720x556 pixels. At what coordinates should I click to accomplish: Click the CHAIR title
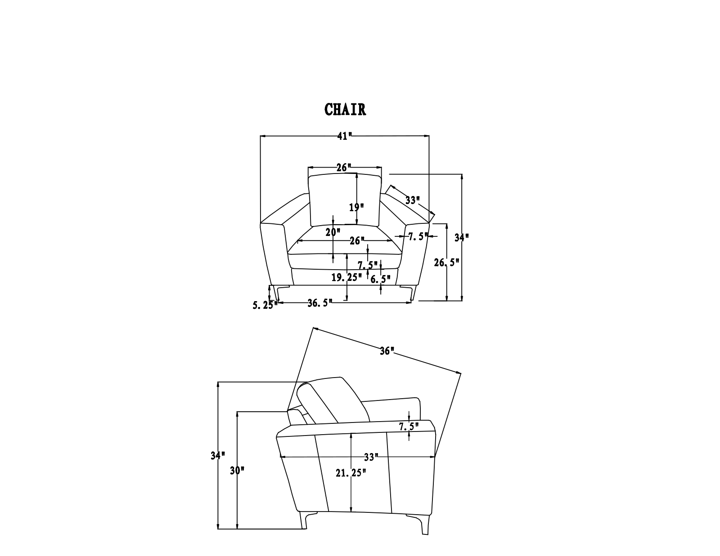[345, 110]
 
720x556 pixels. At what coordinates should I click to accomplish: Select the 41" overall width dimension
[345, 136]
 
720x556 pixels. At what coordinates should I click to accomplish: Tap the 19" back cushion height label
[356, 208]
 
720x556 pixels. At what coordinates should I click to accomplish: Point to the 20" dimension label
[333, 232]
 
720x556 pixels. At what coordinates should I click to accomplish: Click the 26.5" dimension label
[447, 263]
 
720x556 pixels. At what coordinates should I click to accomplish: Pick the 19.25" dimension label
[346, 277]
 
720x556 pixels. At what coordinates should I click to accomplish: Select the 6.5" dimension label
[380, 280]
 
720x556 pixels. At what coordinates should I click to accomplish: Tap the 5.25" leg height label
[265, 305]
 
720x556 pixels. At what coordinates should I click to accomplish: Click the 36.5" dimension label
[320, 303]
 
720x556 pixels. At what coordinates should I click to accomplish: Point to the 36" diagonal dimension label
[387, 351]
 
